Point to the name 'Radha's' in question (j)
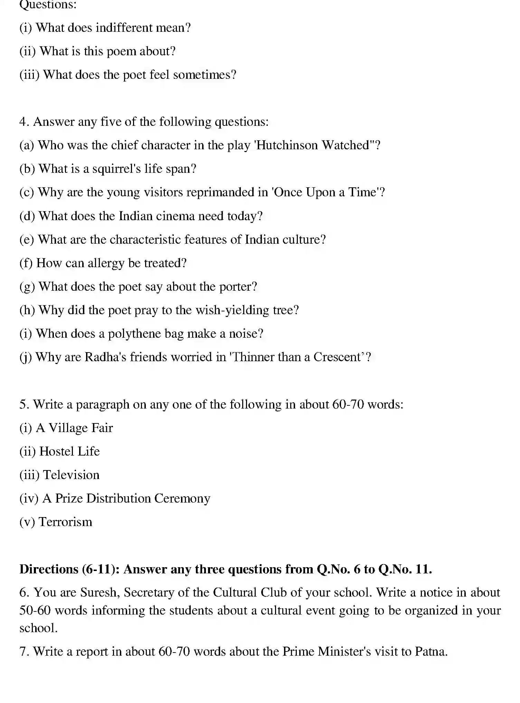point(105,357)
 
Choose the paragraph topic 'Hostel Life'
point(69,451)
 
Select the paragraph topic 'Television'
point(71,475)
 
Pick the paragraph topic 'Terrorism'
point(66,522)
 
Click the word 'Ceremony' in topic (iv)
point(182,498)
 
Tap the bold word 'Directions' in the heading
point(49,569)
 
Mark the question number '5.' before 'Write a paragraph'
point(24,404)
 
